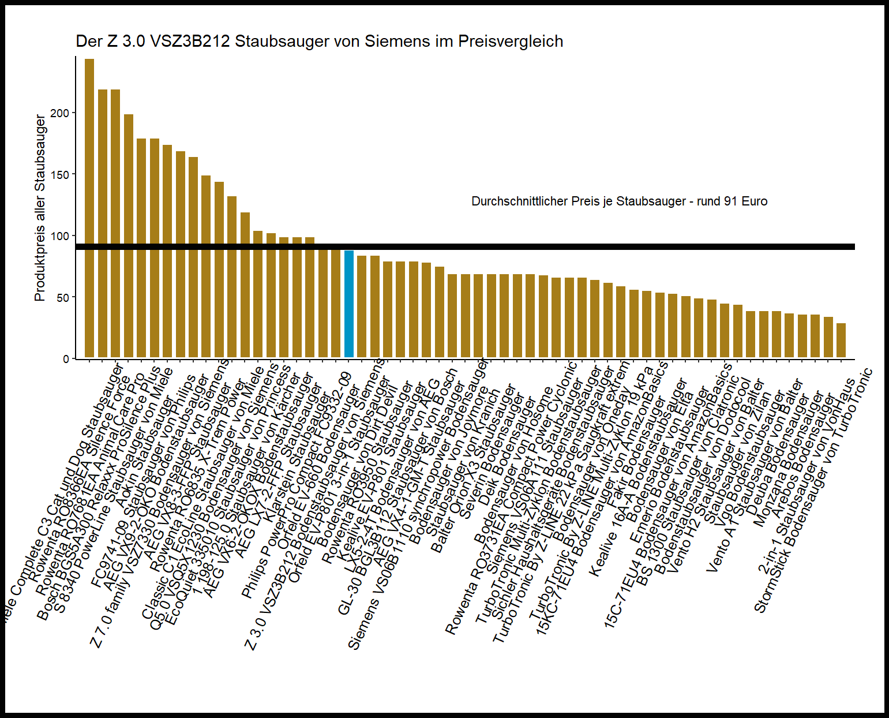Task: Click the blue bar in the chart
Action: (x=348, y=304)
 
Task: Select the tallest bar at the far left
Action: (x=89, y=208)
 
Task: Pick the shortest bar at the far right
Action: (x=841, y=341)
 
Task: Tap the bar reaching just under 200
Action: (x=129, y=237)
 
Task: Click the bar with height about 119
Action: (x=245, y=285)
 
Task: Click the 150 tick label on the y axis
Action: (x=59, y=175)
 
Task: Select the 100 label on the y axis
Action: (x=59, y=236)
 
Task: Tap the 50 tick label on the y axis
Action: (x=62, y=298)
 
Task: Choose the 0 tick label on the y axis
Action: (x=66, y=359)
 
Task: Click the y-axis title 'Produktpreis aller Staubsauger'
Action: (x=40, y=208)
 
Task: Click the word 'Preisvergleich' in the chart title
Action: (x=510, y=42)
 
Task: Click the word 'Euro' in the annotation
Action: (x=755, y=201)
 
